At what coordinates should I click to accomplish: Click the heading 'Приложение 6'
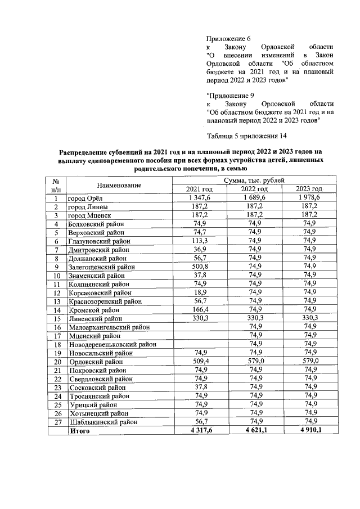pyautogui.click(x=228, y=38)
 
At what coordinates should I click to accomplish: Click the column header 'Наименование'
pyautogui.click(x=119, y=184)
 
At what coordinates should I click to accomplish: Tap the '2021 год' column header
pyautogui.click(x=200, y=189)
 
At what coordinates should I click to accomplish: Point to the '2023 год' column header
pyautogui.click(x=309, y=189)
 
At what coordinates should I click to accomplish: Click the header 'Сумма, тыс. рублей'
pyautogui.click(x=254, y=180)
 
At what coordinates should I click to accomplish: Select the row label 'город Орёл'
pyautogui.click(x=84, y=198)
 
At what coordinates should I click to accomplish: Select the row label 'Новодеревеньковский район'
pyautogui.click(x=112, y=344)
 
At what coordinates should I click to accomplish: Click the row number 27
pyautogui.click(x=56, y=421)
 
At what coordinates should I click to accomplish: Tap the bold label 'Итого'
pyautogui.click(x=79, y=430)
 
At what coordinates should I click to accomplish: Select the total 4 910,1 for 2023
pyautogui.click(x=309, y=430)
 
